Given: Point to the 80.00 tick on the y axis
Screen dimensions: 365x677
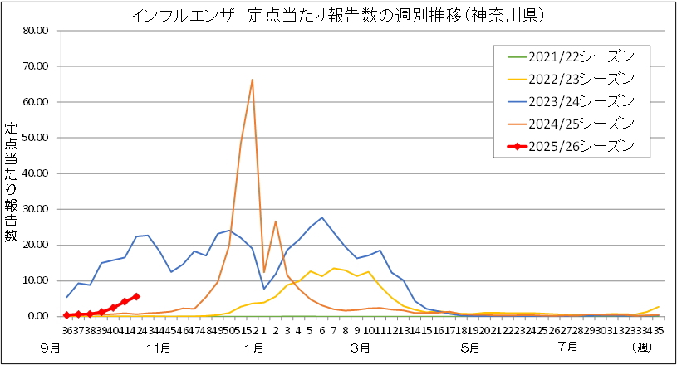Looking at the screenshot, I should tap(37, 31).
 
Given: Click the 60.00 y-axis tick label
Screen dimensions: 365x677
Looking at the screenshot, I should tap(37, 102).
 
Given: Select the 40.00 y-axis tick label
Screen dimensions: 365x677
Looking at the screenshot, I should tap(37, 173).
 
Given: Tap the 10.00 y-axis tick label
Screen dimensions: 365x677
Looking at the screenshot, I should tap(37, 280).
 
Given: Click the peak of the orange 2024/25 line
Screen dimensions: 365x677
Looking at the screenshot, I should tap(252, 80).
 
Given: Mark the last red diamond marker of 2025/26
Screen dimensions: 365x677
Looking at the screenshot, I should tap(136, 296).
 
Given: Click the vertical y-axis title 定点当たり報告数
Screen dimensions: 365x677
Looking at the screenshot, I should tap(12, 182).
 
